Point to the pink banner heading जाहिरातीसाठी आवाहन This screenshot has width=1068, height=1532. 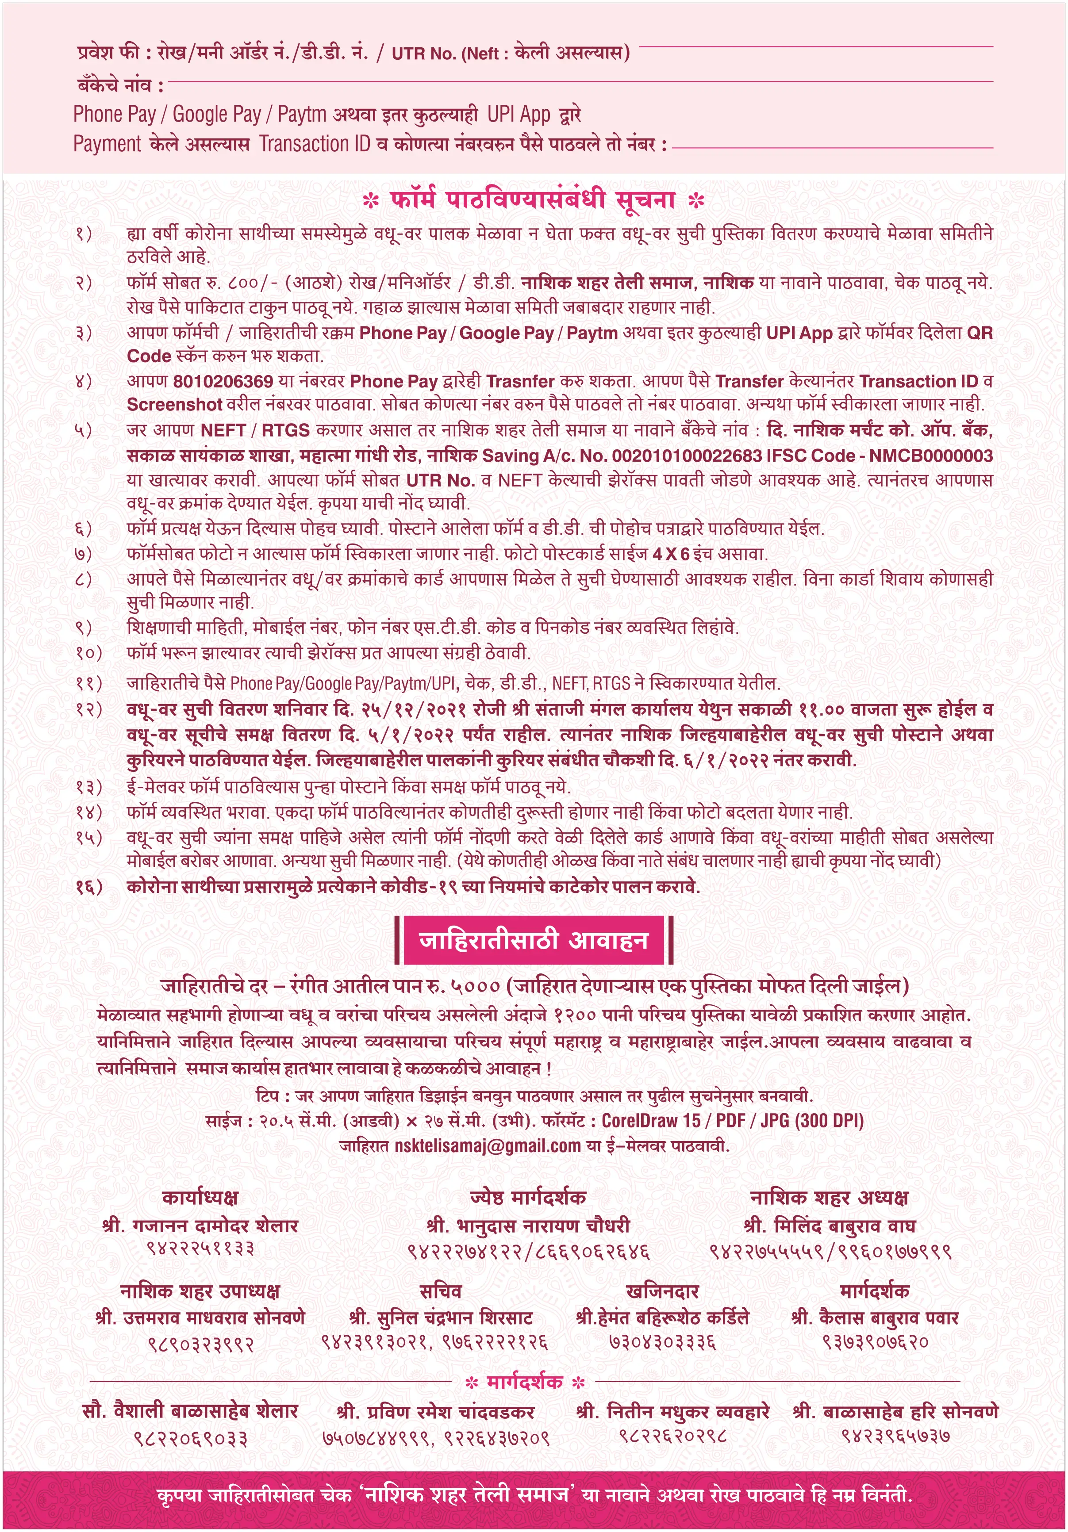(534, 940)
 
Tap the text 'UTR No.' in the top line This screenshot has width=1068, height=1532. (423, 54)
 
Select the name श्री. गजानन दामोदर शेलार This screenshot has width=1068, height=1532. (200, 1226)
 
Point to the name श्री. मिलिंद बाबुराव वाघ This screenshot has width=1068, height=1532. (829, 1226)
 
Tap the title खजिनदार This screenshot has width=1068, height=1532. (662, 1291)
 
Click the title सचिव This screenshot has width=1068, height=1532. (441, 1291)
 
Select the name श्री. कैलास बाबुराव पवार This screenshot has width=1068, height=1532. (874, 1318)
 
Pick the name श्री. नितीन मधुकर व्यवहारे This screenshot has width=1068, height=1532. (673, 1412)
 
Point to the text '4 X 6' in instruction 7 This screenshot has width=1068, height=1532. (671, 554)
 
